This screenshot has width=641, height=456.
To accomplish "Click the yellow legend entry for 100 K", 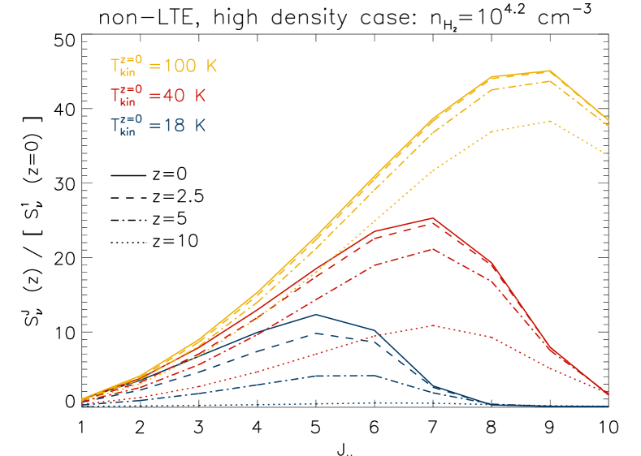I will click(163, 67).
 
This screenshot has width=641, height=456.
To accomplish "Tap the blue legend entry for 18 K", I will click(158, 127).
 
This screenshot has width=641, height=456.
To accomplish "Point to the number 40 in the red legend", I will click(174, 97).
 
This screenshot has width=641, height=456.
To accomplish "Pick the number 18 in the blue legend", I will click(174, 127).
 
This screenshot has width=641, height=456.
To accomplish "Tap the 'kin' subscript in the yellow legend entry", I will click(128, 73).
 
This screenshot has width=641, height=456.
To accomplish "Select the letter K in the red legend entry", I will click(200, 97).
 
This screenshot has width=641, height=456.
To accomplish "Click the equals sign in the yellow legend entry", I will click(154, 67).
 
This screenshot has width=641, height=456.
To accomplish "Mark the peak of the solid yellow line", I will click(550, 71).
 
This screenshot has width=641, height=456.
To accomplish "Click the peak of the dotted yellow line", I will click(550, 121).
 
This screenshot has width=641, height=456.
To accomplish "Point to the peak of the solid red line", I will click(433, 218).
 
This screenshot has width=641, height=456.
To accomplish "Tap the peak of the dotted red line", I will click(433, 325).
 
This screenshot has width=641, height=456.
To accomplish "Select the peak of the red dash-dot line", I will click(433, 249).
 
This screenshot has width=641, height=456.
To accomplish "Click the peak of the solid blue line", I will click(316, 315).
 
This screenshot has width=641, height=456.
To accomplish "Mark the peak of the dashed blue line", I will click(316, 333).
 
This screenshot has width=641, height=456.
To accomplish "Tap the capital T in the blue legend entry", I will click(115, 126).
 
